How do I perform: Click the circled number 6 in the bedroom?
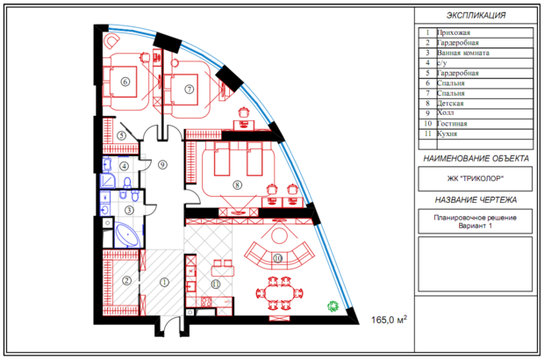click(125, 82)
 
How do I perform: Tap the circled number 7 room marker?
click(189, 90)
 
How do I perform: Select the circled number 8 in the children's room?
click(237, 184)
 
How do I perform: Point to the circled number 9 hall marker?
click(162, 164)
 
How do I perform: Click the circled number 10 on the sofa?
click(277, 258)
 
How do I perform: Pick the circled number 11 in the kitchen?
click(216, 284)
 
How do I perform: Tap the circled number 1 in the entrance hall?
click(164, 282)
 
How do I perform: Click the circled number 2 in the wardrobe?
click(126, 280)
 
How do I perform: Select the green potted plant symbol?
click(333, 306)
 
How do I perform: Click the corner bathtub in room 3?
click(127, 235)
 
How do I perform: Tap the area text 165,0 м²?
click(389, 319)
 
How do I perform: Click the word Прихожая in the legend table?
click(454, 32)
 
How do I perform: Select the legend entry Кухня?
click(447, 133)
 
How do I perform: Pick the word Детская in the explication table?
click(450, 104)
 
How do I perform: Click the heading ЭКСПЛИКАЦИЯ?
click(476, 15)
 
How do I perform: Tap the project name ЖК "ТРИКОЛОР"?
click(475, 179)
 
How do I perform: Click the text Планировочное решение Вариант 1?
click(475, 221)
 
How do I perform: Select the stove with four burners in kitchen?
click(206, 302)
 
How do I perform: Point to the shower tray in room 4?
click(108, 181)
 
